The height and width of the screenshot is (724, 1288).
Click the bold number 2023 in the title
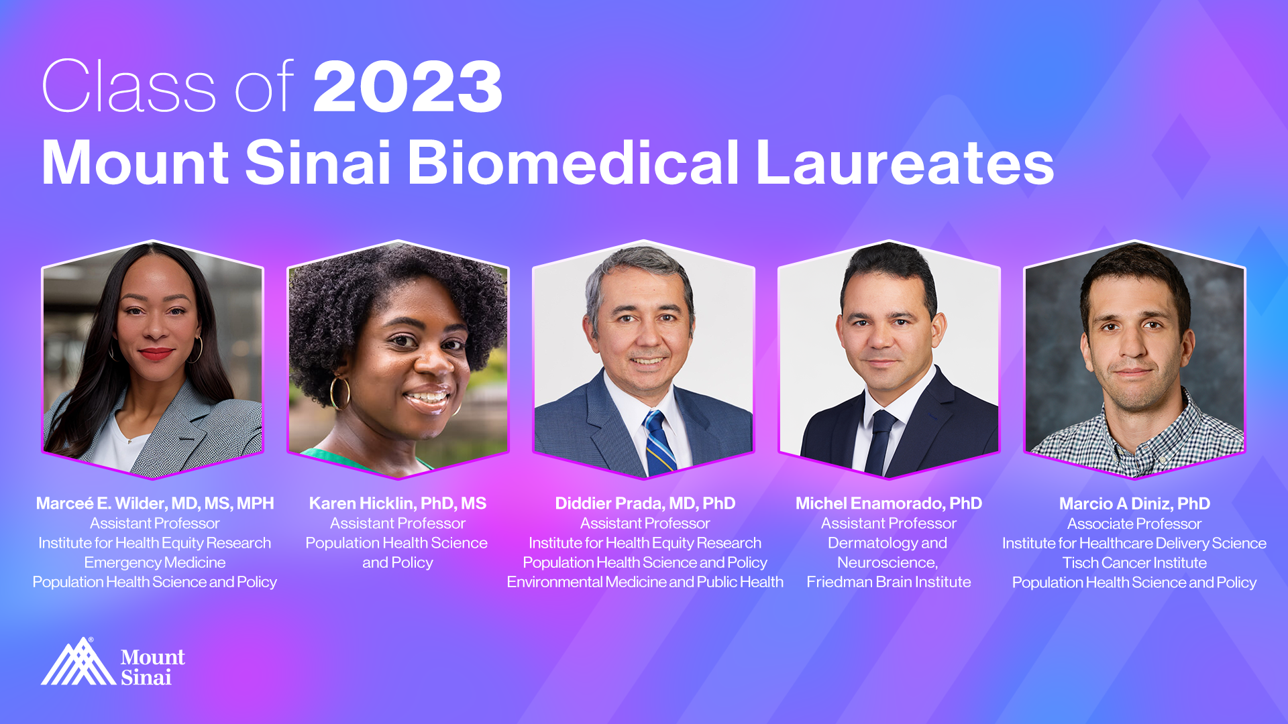point(408,86)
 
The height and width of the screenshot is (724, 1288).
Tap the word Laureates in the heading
point(905,163)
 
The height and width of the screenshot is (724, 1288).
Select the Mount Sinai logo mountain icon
point(78,661)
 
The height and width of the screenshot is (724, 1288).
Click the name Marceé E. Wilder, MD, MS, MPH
point(155,503)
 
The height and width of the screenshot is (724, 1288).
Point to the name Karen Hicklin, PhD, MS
point(398,503)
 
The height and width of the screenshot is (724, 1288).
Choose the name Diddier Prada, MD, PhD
point(645,503)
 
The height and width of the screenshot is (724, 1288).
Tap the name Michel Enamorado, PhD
point(889,503)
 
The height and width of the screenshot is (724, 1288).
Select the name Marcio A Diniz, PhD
point(1134,503)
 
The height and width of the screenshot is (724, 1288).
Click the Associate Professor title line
point(1134,524)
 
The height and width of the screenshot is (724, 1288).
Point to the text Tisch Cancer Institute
point(1134,562)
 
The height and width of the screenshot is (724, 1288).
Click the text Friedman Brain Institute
point(889,582)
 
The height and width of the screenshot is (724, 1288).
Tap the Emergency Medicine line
point(155,562)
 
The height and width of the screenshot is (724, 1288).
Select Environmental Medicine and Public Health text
point(645,582)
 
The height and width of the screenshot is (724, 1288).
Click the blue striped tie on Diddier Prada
point(659,442)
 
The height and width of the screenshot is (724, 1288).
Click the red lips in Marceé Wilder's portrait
point(156,353)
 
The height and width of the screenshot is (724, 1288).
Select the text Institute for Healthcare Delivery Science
point(1134,543)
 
